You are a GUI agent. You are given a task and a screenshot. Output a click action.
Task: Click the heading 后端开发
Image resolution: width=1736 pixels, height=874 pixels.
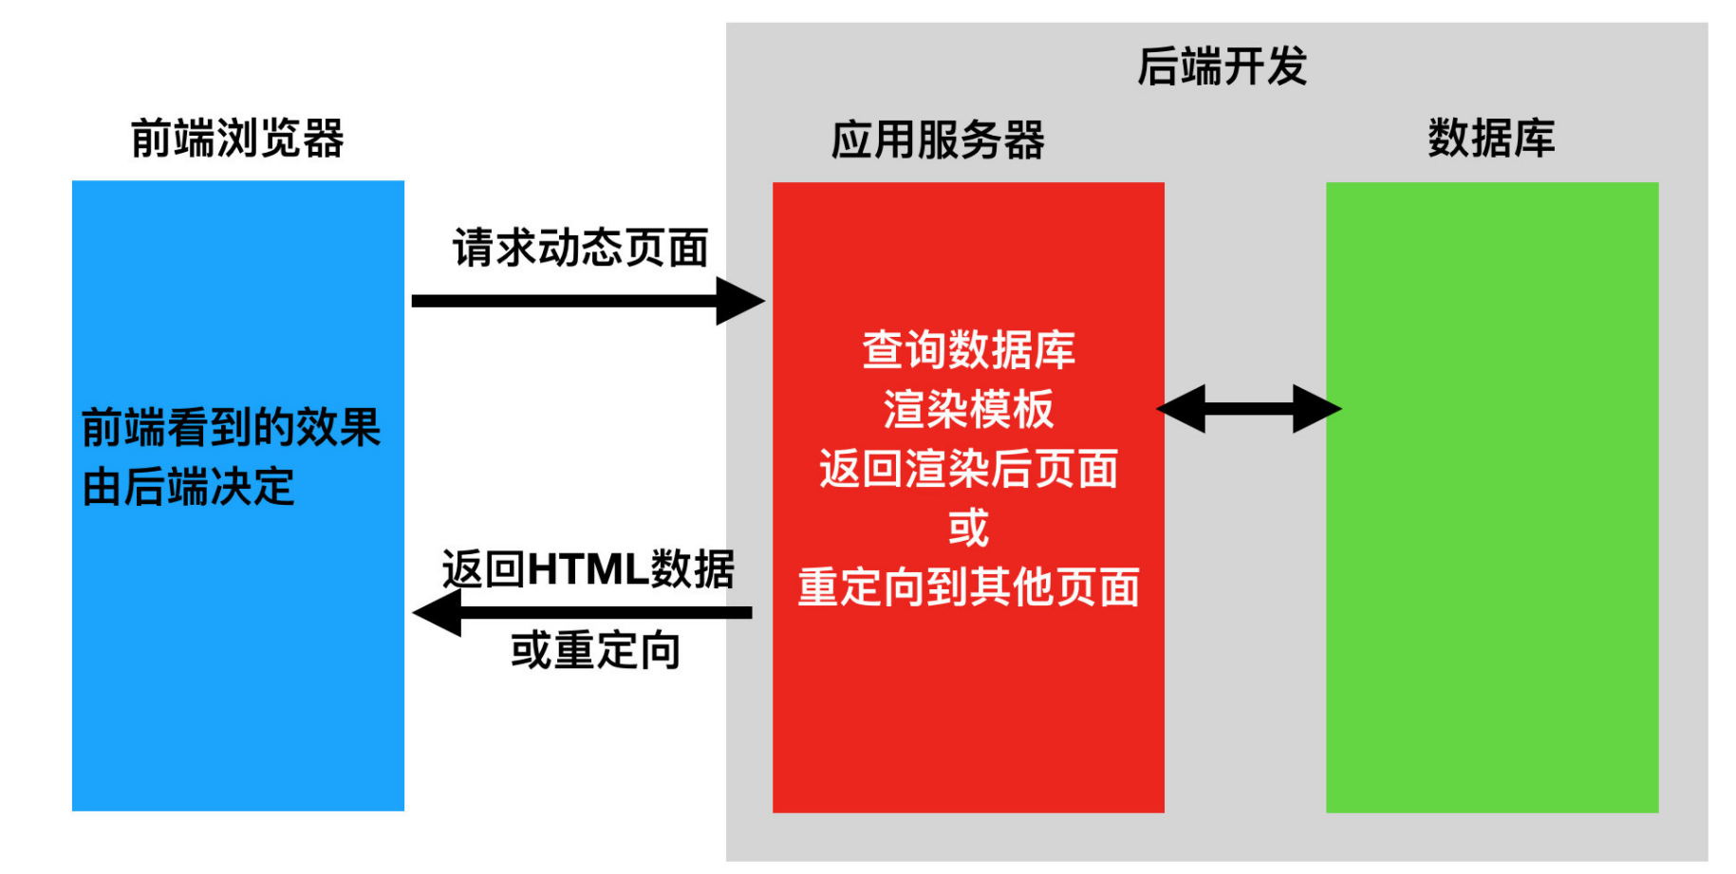pyautogui.click(x=1222, y=67)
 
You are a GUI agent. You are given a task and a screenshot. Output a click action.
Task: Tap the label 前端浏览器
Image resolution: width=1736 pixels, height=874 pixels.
pyautogui.click(x=237, y=139)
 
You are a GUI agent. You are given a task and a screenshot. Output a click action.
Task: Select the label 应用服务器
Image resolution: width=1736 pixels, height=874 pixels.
pyautogui.click(x=937, y=140)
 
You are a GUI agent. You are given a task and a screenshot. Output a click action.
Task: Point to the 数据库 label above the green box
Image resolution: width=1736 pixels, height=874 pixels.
pyautogui.click(x=1491, y=139)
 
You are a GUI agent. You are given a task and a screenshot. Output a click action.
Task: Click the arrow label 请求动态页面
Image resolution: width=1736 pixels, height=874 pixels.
pyautogui.click(x=580, y=249)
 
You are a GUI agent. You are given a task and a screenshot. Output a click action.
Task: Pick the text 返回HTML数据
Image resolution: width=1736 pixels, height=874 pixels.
pyautogui.click(x=588, y=569)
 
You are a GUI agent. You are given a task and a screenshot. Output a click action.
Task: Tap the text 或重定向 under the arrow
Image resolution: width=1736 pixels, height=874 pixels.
pyautogui.click(x=595, y=651)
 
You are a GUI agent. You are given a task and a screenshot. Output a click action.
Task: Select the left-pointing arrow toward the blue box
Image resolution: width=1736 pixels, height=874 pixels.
pyautogui.click(x=582, y=613)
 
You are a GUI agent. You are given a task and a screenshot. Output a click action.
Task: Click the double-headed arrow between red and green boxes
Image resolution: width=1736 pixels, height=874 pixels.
pyautogui.click(x=1248, y=409)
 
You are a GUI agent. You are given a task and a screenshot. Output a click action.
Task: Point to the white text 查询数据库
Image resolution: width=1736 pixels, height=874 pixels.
pyautogui.click(x=968, y=350)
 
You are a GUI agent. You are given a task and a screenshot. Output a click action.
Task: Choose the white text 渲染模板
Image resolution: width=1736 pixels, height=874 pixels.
pyautogui.click(x=968, y=409)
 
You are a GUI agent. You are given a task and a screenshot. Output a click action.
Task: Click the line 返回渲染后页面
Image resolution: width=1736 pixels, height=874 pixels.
pyautogui.click(x=968, y=469)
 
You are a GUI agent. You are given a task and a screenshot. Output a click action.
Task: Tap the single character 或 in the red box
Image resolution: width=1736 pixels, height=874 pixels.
pyautogui.click(x=968, y=528)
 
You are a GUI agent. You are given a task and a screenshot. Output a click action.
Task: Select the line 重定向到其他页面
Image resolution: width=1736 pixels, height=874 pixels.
pyautogui.click(x=968, y=587)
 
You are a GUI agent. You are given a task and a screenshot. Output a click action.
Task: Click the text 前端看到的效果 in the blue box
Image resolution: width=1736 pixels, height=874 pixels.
pyautogui.click(x=231, y=428)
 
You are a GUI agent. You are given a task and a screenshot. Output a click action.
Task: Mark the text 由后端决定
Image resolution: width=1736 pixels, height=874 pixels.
pyautogui.click(x=188, y=488)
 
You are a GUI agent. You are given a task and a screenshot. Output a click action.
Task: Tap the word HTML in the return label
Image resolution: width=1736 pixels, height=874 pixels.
pyautogui.click(x=588, y=569)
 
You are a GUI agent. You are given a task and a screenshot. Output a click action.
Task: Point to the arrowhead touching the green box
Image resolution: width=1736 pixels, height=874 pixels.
pyautogui.click(x=1317, y=409)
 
